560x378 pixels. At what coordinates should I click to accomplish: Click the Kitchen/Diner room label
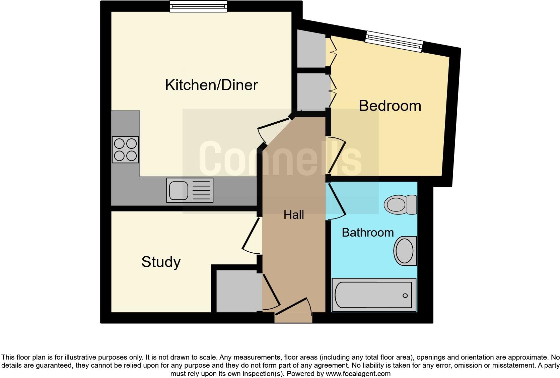point(211,85)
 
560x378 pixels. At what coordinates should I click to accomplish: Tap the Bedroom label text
point(390,106)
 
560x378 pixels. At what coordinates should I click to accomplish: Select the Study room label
point(161,262)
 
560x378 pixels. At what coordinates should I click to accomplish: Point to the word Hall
point(294,215)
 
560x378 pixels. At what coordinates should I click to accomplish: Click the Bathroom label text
point(367,233)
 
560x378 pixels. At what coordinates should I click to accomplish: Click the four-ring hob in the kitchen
point(125,149)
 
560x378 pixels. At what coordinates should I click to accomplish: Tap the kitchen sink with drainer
point(190,190)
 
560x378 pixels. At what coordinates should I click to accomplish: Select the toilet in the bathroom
point(401,204)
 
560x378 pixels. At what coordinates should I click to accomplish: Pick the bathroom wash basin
point(406,251)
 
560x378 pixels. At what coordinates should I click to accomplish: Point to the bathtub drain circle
point(405,296)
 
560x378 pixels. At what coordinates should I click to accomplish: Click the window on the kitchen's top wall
point(198,6)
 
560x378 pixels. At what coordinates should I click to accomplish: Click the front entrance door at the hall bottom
point(293,310)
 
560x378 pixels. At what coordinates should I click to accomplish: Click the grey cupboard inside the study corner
point(236,291)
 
